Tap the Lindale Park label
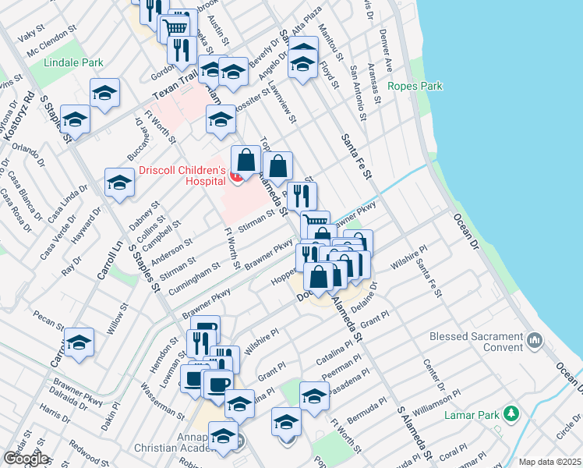tap(74, 62)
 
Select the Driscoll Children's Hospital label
tap(182, 175)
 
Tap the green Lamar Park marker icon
tap(511, 413)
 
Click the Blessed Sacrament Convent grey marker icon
tap(535, 339)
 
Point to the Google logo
tap(26, 458)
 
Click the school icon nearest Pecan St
tap(79, 342)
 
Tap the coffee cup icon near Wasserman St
tap(217, 383)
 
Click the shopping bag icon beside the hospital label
tap(246, 160)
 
